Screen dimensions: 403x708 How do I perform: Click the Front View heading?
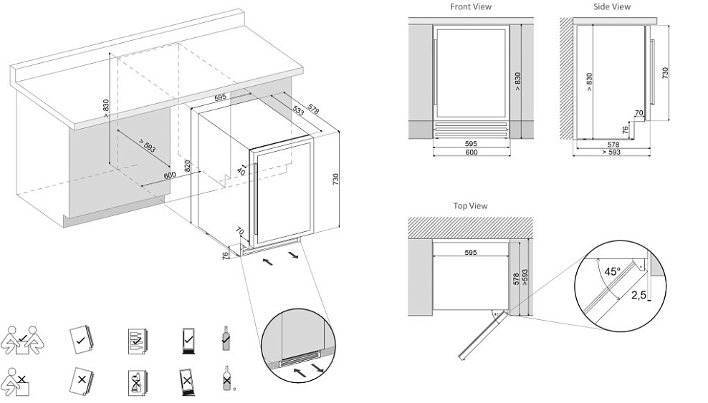click(471, 7)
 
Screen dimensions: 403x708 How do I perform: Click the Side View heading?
click(612, 7)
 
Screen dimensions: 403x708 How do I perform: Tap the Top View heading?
click(470, 206)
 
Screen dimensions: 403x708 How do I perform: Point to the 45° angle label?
click(612, 271)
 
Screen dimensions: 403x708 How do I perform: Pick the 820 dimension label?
click(188, 167)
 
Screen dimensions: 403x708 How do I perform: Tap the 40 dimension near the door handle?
click(241, 172)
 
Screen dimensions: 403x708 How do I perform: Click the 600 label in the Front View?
click(471, 152)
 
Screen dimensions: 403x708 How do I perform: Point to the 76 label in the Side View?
click(625, 130)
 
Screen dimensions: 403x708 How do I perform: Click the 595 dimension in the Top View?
click(470, 253)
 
